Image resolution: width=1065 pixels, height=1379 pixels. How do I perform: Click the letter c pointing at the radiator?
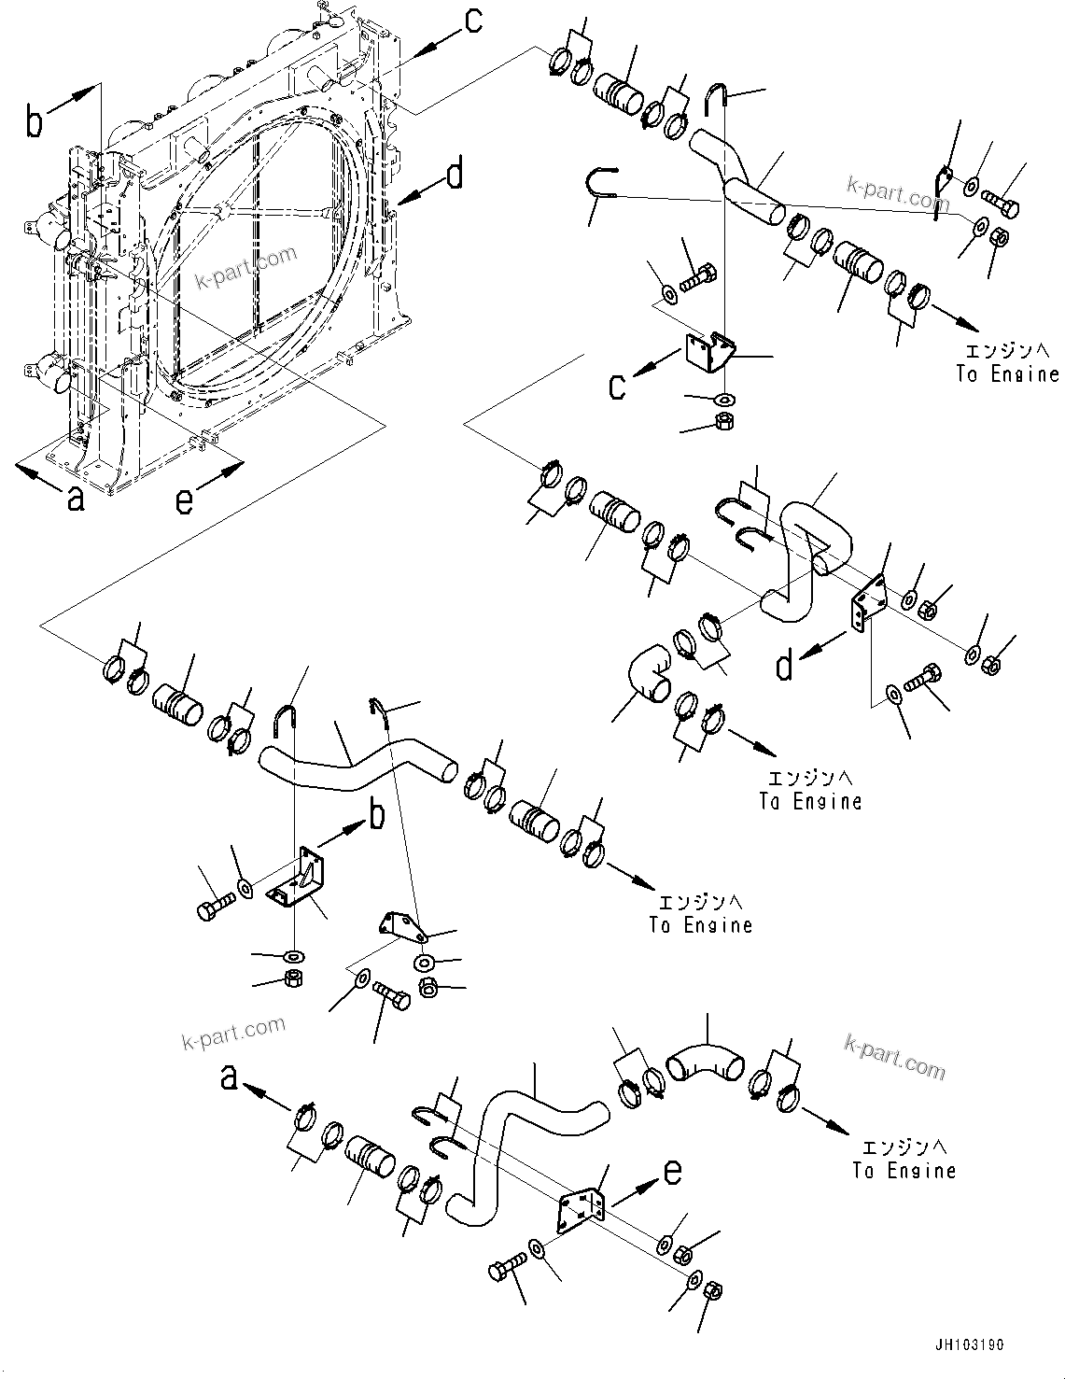[x=473, y=21]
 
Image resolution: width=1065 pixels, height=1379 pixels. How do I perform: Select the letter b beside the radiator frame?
[x=35, y=122]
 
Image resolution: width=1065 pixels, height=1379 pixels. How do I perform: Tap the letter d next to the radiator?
[x=455, y=174]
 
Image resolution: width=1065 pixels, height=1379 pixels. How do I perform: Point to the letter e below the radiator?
[x=185, y=501]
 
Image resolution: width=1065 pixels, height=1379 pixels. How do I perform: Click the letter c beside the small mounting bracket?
[x=617, y=386]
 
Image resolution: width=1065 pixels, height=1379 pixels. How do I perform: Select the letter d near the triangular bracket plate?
[x=785, y=666]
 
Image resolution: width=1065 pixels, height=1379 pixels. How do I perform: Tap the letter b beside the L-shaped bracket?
[x=376, y=815]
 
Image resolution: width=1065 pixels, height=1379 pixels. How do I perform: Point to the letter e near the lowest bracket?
[x=672, y=1171]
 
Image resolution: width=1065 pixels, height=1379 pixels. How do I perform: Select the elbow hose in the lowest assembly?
[x=705, y=1062]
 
